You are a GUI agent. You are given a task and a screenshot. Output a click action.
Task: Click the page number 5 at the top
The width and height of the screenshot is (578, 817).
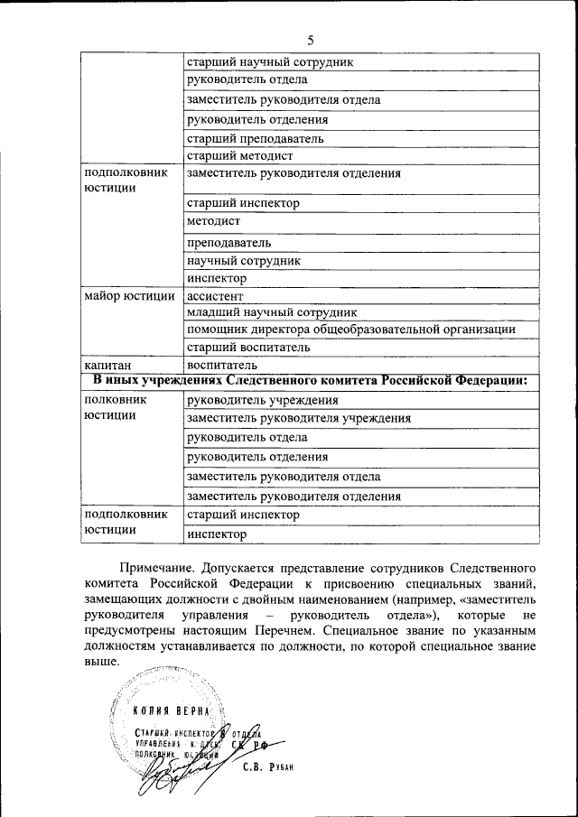(311, 40)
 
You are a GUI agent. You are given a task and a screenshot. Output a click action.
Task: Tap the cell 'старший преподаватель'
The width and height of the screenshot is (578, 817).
(255, 139)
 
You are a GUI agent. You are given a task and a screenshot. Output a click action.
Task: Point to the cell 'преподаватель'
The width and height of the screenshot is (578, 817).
(228, 243)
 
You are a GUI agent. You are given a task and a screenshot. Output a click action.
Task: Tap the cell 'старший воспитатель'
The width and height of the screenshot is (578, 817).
(248, 348)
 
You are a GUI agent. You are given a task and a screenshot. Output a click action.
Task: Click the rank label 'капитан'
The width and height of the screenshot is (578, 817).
(105, 366)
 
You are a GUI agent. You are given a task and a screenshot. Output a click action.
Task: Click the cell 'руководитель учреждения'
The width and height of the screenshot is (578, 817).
(262, 400)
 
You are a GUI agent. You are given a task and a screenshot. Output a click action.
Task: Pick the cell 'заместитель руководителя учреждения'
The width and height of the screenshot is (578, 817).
(298, 418)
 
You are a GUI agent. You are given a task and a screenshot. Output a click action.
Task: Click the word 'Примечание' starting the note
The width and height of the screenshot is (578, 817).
(154, 570)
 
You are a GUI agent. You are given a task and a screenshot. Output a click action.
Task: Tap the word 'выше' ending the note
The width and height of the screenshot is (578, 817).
(100, 663)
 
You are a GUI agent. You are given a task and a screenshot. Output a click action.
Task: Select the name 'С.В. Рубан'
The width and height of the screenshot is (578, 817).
(269, 768)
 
